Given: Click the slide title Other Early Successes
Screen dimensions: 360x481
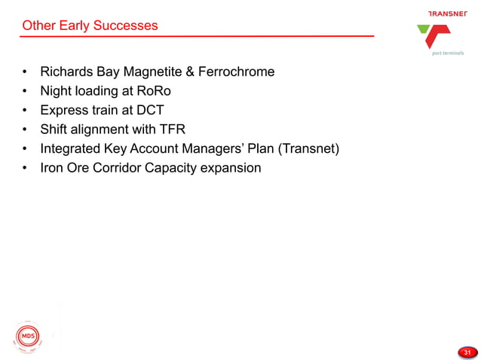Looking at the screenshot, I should tap(90, 26).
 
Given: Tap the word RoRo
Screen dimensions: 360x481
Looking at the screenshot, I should tap(155, 91).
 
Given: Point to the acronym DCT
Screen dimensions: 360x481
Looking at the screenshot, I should tap(149, 110).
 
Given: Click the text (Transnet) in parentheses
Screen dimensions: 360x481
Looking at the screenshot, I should tap(309, 148).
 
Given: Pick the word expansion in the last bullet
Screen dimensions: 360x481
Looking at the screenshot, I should tap(231, 167).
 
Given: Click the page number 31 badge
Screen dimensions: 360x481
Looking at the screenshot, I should tap(467, 352).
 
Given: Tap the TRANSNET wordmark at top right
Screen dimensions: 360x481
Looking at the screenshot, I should tap(447, 14).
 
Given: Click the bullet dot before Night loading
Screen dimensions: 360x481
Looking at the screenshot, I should tap(26, 92).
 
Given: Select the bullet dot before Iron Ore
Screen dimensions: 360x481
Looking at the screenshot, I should tap(26, 168).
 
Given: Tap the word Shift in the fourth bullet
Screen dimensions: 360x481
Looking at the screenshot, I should tap(54, 129).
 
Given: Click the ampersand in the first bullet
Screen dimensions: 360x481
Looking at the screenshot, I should tap(188, 72).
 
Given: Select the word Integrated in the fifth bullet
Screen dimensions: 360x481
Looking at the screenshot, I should tap(72, 148).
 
